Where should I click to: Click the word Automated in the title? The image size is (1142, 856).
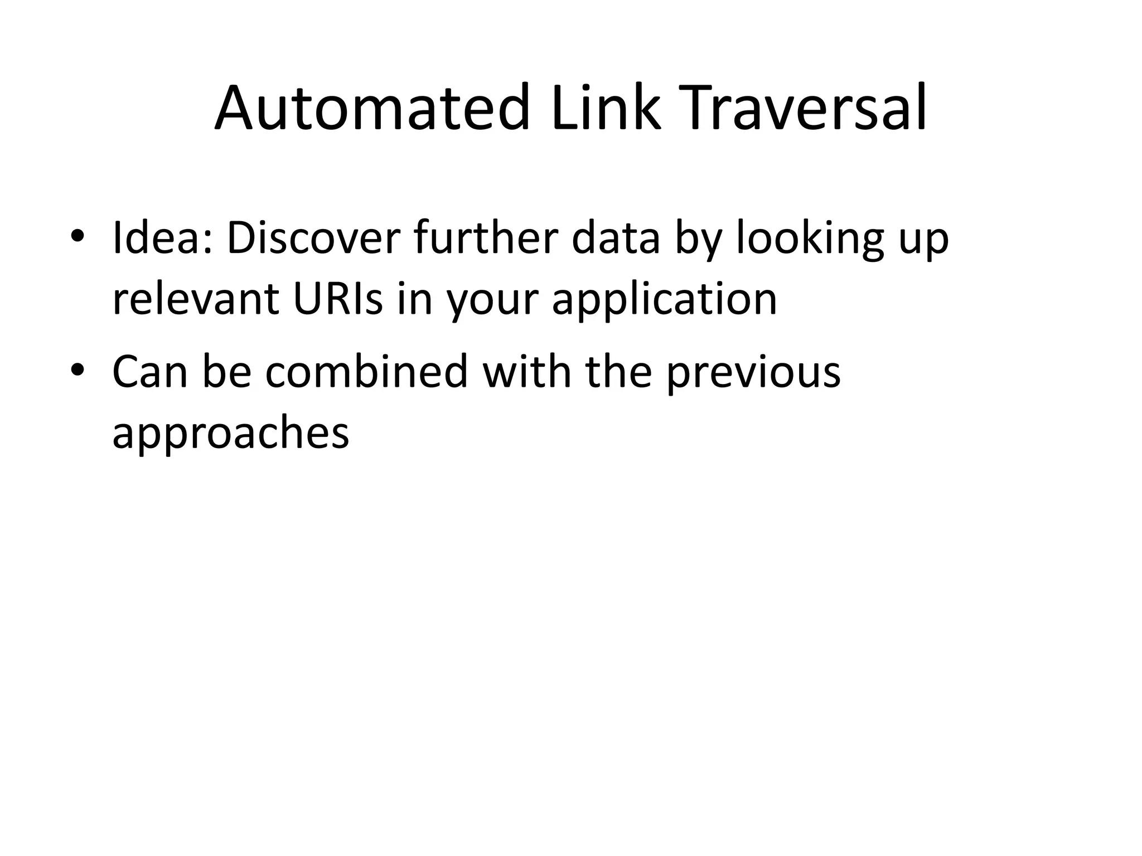(x=371, y=108)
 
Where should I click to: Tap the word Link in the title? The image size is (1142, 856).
(x=606, y=108)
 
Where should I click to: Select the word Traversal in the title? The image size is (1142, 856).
(x=802, y=108)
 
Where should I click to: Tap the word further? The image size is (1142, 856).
(x=486, y=239)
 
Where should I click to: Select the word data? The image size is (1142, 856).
(x=616, y=239)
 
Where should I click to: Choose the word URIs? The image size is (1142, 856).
(x=338, y=299)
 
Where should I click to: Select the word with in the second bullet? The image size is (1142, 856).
(x=527, y=372)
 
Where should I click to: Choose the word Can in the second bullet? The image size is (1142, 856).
(x=150, y=372)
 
